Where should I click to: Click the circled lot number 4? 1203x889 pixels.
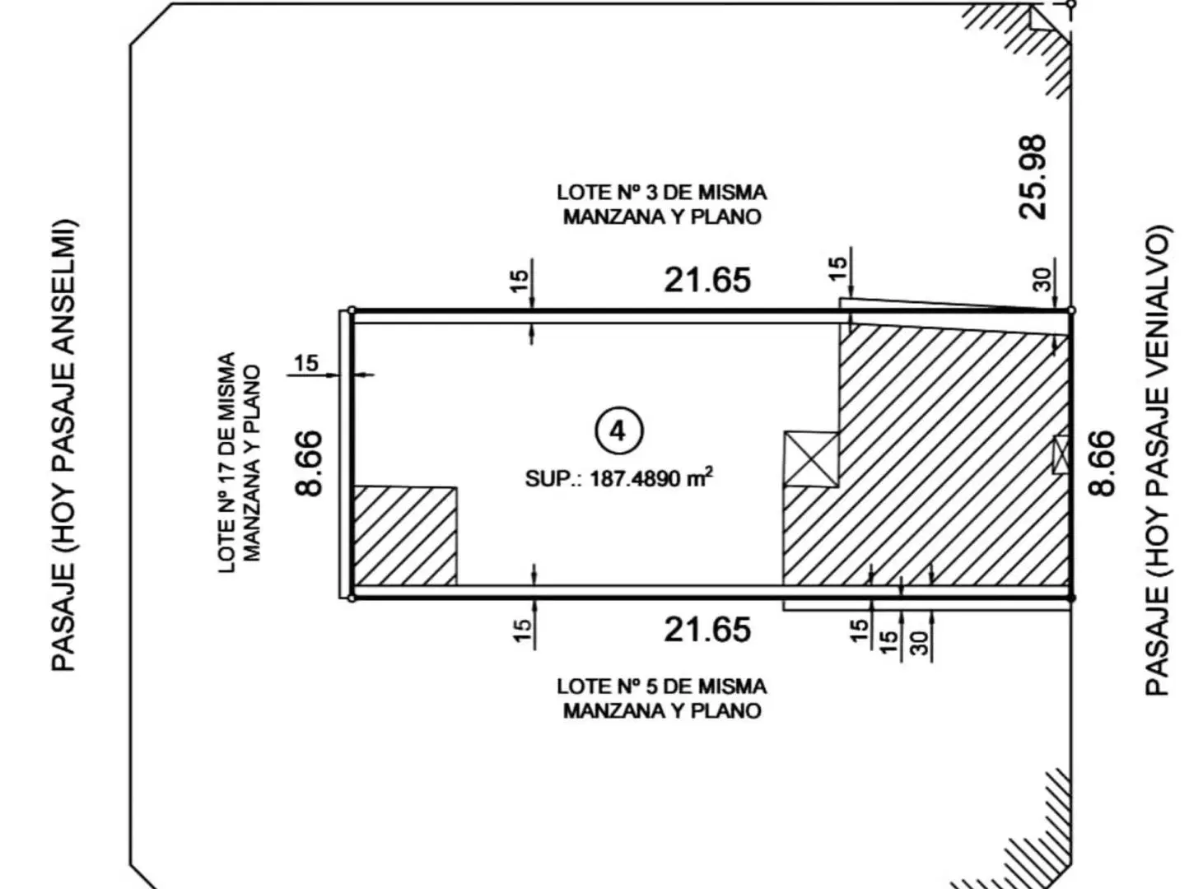619,432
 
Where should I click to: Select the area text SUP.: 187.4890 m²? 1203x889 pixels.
618,478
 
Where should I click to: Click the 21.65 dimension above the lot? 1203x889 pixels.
707,281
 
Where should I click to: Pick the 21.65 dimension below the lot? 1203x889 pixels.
707,630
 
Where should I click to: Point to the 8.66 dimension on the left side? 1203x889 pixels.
308,463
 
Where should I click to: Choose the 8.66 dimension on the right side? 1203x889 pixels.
1102,463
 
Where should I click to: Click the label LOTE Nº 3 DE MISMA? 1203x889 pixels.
662,192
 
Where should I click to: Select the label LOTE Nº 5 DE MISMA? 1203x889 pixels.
662,687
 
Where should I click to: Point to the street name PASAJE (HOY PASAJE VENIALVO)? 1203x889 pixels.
1157,459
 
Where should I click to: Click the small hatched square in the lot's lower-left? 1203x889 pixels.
404,536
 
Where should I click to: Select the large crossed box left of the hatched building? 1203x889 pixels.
811,458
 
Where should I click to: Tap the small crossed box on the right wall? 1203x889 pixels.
1061,454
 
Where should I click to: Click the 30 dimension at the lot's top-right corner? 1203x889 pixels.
1042,280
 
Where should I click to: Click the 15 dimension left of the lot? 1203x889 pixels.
306,363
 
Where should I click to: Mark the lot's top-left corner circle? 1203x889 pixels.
352,310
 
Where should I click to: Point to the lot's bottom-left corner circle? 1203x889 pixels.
352,598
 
